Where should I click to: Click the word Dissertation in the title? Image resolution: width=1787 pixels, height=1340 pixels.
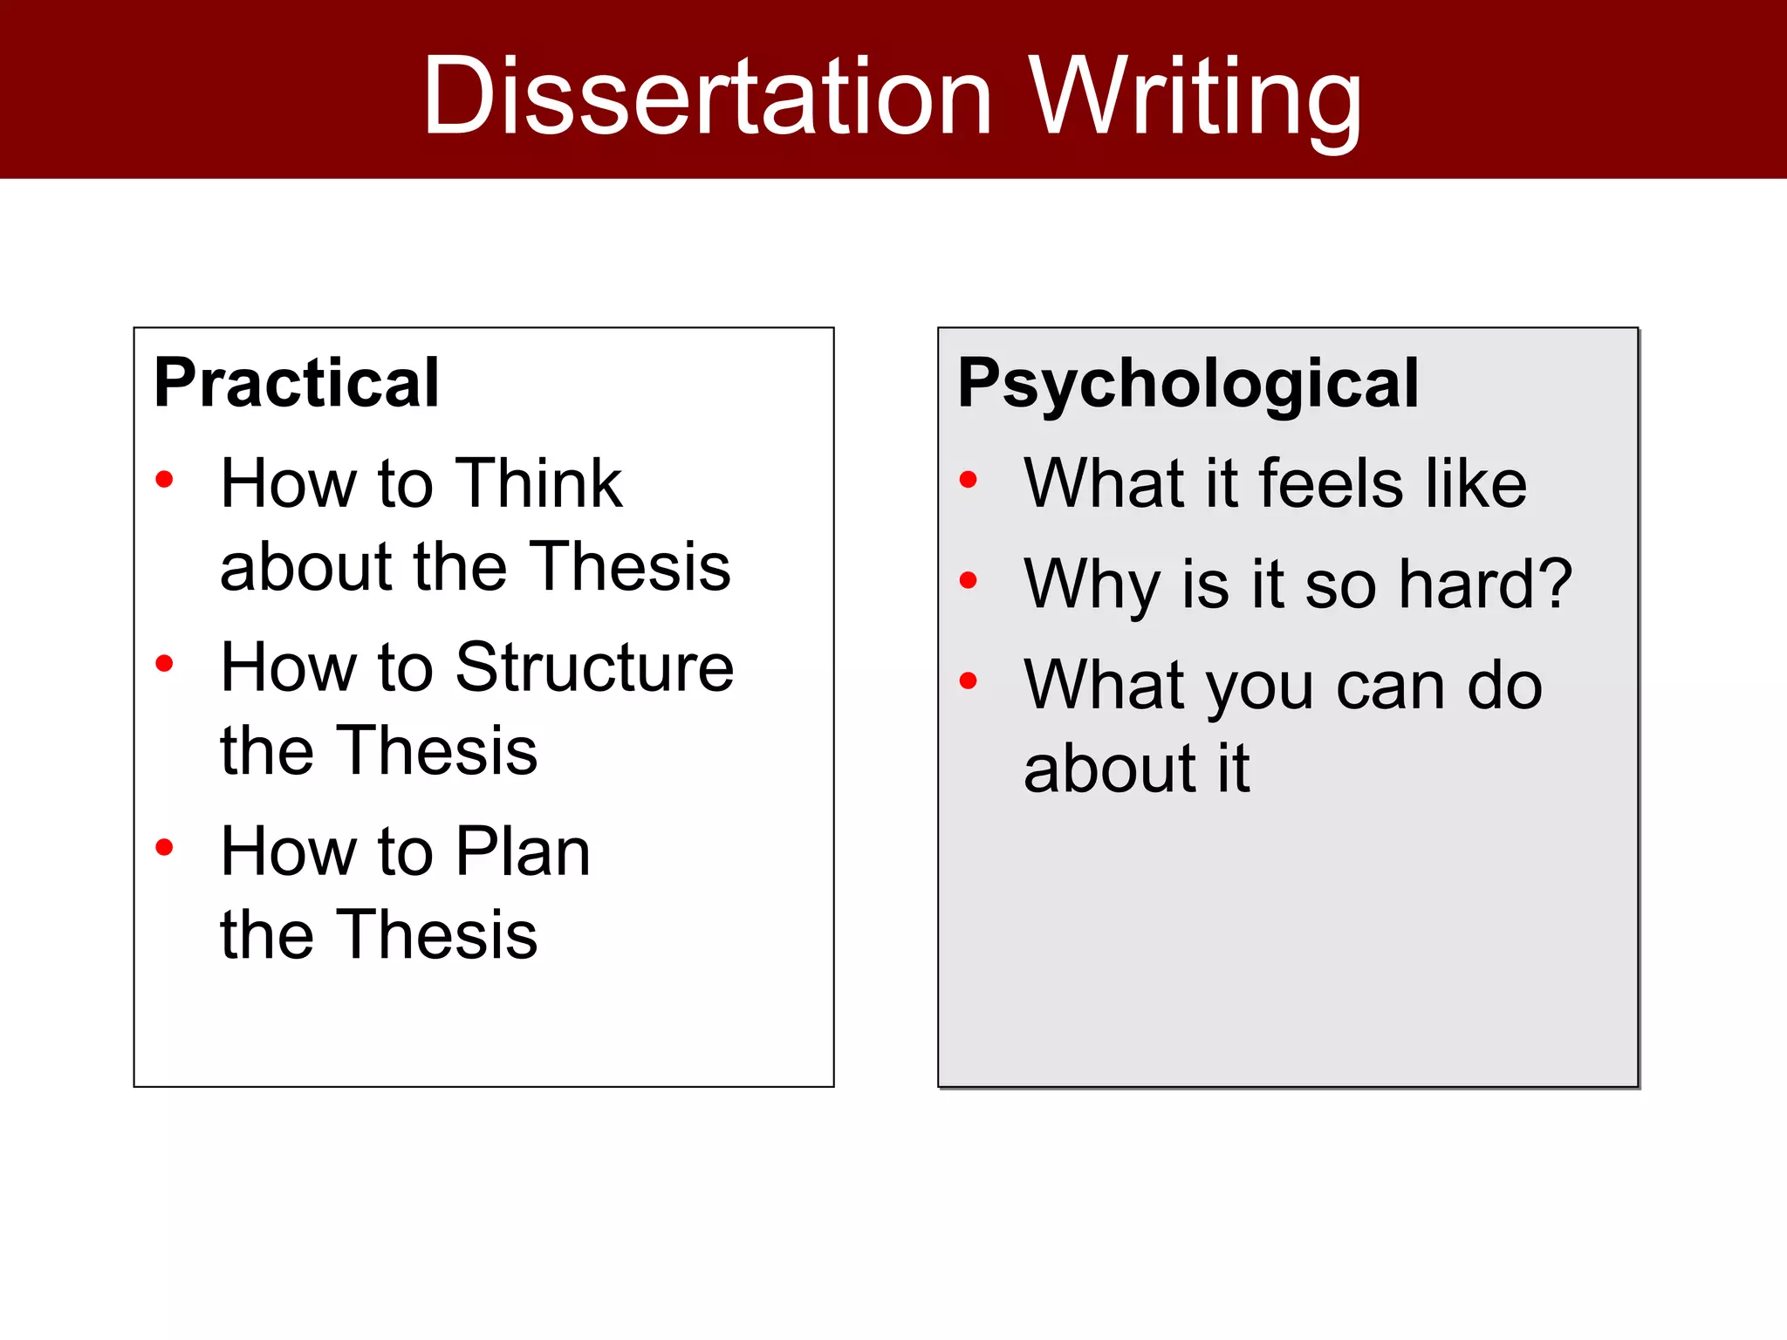pos(707,96)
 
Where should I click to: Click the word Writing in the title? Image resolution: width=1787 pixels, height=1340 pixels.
pos(1195,98)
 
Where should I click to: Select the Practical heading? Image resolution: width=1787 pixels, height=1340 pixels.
pos(297,384)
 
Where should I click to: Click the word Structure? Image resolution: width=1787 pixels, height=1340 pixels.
pos(594,667)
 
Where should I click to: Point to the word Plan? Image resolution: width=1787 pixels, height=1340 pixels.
pos(523,851)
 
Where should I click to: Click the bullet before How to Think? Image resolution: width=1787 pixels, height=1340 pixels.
pos(164,479)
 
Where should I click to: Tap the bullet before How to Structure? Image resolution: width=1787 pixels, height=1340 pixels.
pos(164,664)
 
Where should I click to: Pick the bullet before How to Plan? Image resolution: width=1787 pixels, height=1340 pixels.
pos(164,847)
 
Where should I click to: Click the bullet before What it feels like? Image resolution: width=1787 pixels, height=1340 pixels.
pos(968,479)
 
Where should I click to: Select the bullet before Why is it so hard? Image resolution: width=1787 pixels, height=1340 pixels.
pos(968,580)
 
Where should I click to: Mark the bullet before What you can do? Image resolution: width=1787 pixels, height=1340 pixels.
pos(968,680)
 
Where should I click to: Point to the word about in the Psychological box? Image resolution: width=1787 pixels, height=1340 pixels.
pos(1109,769)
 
